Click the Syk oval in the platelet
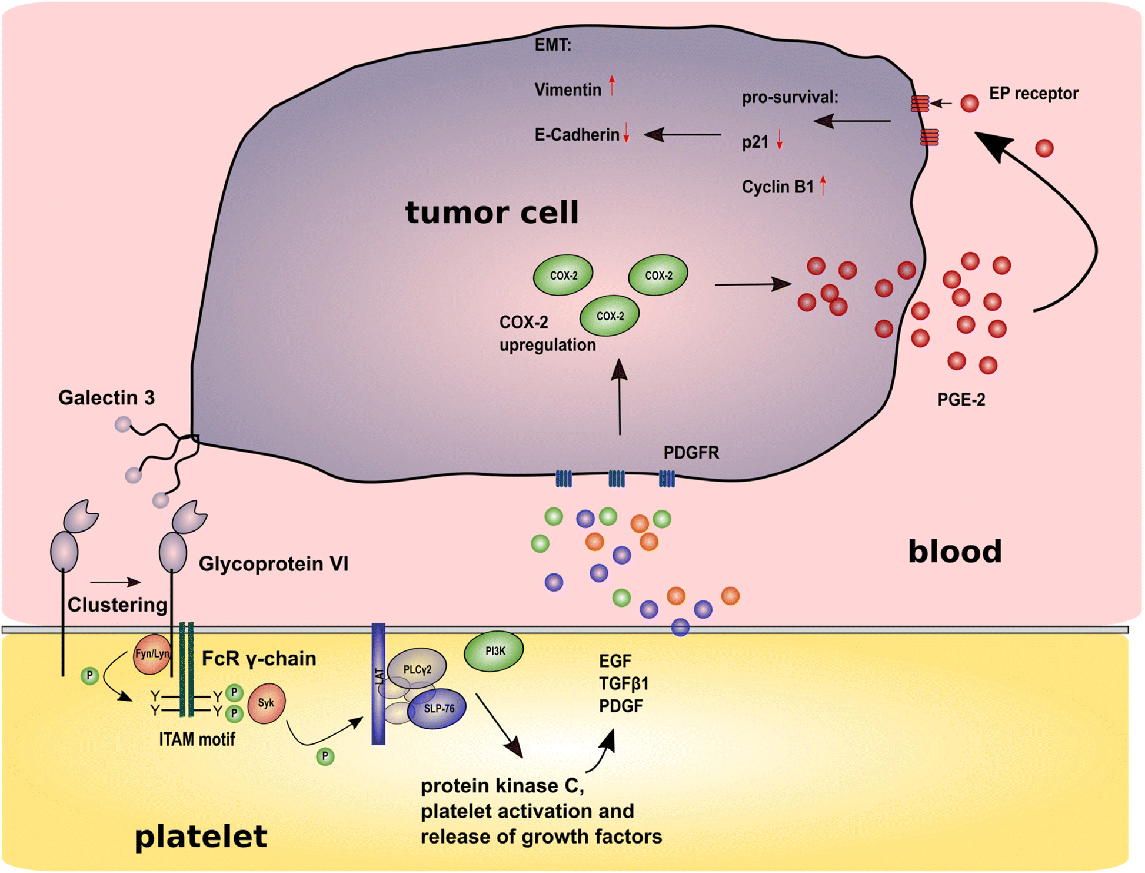coord(267,703)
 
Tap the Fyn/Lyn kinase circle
coord(152,654)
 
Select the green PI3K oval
coord(494,651)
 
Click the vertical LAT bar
coord(378,683)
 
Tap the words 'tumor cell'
coord(492,213)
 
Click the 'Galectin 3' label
coord(106,398)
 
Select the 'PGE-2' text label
coord(961,400)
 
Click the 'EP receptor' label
coord(1033,94)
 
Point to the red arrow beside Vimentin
coord(612,86)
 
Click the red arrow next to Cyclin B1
coord(823,185)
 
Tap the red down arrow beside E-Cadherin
coord(627,133)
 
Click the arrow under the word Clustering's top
coord(115,582)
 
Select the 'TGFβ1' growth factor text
coord(624,683)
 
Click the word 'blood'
coord(954,552)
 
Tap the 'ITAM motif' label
coord(197,739)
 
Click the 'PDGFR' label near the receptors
coord(691,453)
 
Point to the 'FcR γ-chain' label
coord(259,659)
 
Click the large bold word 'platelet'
coord(201,837)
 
